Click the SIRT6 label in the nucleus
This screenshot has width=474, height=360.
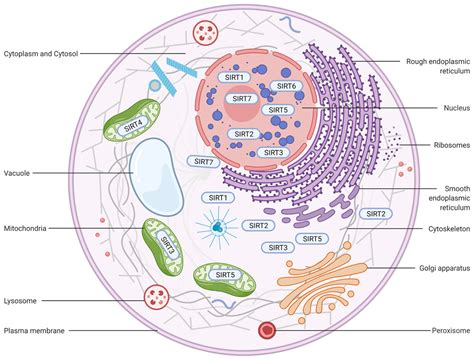coord(286,86)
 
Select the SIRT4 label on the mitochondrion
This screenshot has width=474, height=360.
coord(133,126)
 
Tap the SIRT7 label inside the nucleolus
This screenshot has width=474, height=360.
coord(242,98)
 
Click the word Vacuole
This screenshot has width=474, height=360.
coord(17,173)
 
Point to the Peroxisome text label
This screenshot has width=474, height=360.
coord(451,331)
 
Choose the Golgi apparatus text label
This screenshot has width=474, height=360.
coord(445,268)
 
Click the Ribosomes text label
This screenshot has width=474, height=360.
coord(452,145)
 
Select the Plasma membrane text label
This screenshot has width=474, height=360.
coord(34,331)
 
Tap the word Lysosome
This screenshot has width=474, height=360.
coord(20,301)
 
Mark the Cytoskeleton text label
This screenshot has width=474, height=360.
coord(449,229)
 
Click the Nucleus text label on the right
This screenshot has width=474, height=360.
coord(457,108)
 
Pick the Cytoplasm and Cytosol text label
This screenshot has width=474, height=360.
coord(41,54)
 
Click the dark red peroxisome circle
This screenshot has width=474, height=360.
coord(267,330)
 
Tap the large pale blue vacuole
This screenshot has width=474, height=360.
coord(156,177)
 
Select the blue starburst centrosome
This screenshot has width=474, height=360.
coord(218,228)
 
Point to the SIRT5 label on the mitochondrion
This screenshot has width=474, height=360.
coord(225,275)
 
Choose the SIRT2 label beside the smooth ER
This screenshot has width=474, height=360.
coord(376,214)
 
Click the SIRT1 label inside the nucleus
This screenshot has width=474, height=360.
coord(234,77)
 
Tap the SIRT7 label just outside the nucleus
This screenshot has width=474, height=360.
coord(203,162)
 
